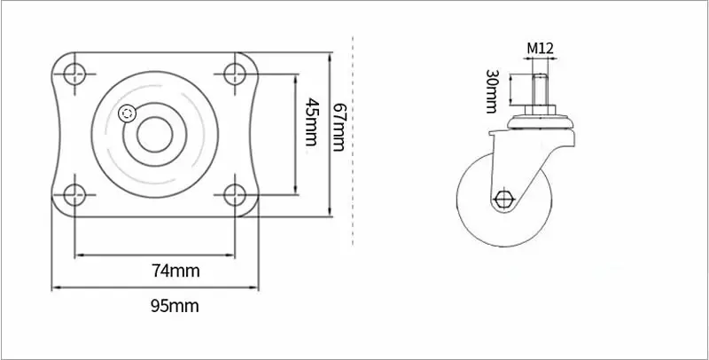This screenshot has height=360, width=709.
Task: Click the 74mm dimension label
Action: [x=175, y=271]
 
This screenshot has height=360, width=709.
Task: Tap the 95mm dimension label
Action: [x=175, y=306]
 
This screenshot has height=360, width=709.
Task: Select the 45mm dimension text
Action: [x=310, y=121]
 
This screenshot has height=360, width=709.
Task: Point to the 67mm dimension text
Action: [x=339, y=127]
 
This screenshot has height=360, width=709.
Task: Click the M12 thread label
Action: [x=540, y=48]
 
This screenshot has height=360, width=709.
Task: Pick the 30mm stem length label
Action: [x=492, y=91]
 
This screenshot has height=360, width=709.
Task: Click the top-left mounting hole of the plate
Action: [x=74, y=74]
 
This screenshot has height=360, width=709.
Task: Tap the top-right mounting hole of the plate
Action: [x=235, y=74]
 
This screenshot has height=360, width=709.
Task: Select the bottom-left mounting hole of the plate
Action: [x=74, y=195]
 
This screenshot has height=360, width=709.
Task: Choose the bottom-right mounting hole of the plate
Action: [x=235, y=195]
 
